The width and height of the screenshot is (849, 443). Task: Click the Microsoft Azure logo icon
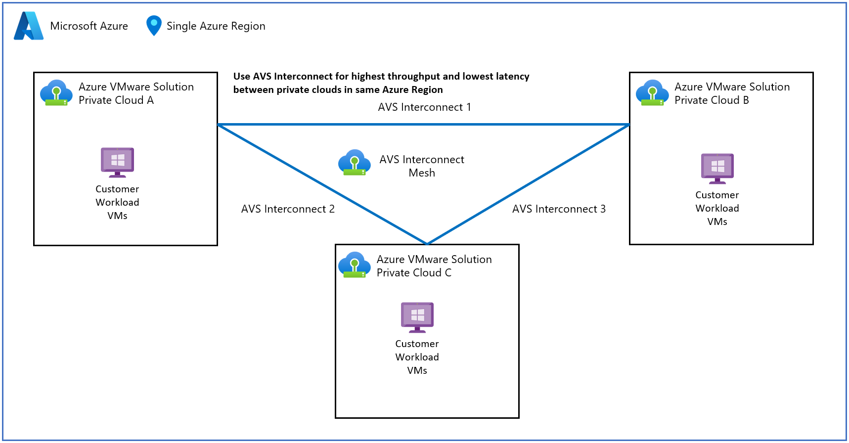click(x=29, y=26)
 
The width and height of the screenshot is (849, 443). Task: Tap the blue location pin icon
click(x=154, y=26)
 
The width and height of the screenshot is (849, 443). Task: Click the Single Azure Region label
click(x=216, y=26)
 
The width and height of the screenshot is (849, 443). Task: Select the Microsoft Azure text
click(x=89, y=26)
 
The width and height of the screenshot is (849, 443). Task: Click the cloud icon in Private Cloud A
click(x=56, y=93)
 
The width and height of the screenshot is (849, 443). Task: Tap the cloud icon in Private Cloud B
click(x=652, y=93)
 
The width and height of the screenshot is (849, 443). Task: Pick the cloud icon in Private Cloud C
click(x=355, y=265)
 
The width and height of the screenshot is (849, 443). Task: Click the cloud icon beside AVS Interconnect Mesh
click(x=355, y=163)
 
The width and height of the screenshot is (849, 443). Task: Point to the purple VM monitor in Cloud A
click(x=117, y=162)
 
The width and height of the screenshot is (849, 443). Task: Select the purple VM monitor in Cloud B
click(x=717, y=168)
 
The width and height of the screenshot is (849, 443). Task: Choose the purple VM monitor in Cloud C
click(x=417, y=317)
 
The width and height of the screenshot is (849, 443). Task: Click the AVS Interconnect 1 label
click(x=424, y=107)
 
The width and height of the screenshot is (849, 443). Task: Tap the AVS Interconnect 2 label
click(x=288, y=209)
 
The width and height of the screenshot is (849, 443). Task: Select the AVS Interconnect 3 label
click(x=559, y=209)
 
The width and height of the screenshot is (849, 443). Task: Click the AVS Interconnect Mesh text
click(x=422, y=166)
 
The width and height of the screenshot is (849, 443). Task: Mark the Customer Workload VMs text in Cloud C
click(x=417, y=357)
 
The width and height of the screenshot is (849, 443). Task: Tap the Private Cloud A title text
click(x=136, y=93)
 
